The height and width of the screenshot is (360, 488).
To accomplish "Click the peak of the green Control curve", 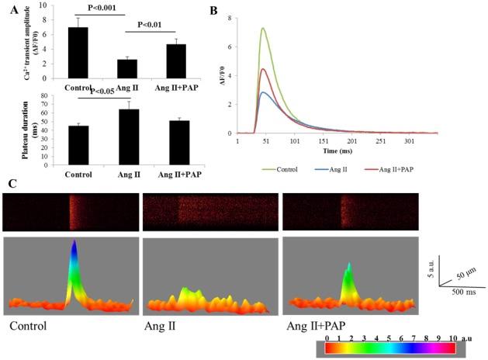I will click(263, 29).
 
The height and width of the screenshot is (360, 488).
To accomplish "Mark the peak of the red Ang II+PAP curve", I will click(263, 69).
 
